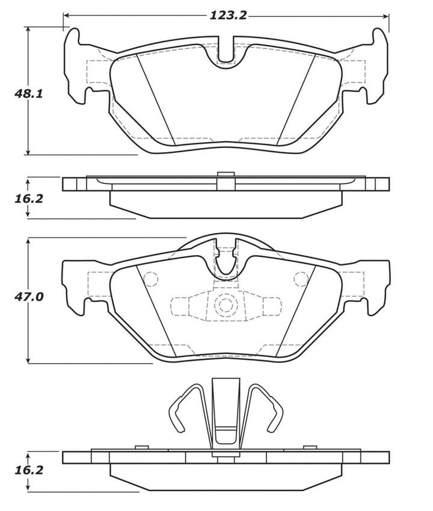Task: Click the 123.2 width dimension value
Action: point(228,16)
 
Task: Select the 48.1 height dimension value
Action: point(28,93)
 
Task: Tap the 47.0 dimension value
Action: point(28,297)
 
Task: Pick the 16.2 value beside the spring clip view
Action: point(28,469)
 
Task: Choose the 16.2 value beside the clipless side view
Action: point(28,198)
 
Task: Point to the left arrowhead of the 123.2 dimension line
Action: point(66,16)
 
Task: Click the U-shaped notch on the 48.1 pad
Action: point(226,54)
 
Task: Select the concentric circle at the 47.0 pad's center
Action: point(226,305)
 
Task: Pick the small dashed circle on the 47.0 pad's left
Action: point(150,279)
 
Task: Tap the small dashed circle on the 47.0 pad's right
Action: point(300,279)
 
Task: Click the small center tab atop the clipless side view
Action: point(226,175)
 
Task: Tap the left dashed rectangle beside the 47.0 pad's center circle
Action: point(180,306)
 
